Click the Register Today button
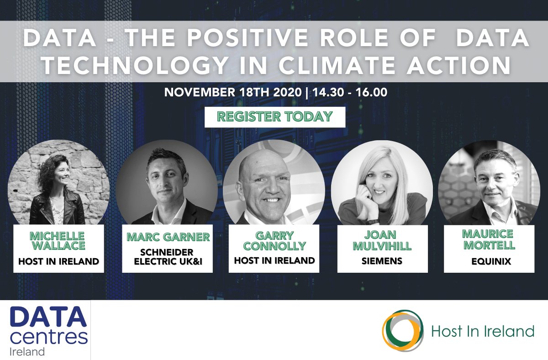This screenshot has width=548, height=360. click(x=274, y=116)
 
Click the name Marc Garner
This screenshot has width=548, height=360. click(x=169, y=237)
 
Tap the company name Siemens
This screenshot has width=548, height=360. click(x=382, y=261)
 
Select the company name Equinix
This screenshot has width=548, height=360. click(x=489, y=263)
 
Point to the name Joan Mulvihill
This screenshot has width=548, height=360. click(x=382, y=241)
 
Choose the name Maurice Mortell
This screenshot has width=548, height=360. click(x=489, y=239)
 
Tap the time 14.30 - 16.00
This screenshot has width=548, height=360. click(x=350, y=92)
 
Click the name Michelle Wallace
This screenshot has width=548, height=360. click(x=58, y=241)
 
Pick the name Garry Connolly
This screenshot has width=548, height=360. click(x=274, y=240)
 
